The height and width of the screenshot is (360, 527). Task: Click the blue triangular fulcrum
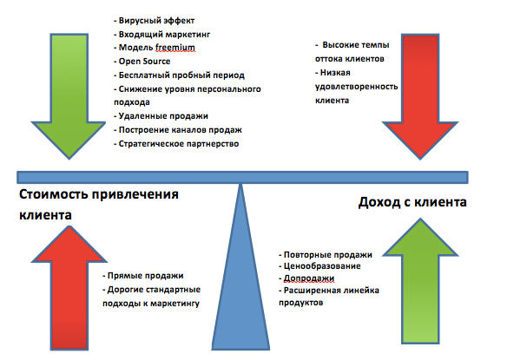coord(240,286)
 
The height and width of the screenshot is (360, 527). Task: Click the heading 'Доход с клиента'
coord(412,203)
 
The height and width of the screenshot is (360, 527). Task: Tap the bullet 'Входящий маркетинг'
coord(165,33)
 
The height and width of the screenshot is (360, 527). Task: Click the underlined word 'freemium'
coord(176,48)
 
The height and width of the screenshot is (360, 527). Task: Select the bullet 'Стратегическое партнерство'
coord(180,143)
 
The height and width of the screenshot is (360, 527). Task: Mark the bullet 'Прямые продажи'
coord(143,276)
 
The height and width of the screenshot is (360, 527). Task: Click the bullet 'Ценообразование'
coord(322,266)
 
